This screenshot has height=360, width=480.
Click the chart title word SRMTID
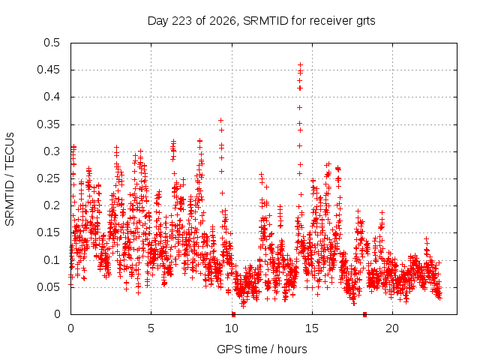[265, 21]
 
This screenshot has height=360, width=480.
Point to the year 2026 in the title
[223, 21]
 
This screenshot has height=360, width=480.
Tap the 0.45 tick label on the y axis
[48, 70]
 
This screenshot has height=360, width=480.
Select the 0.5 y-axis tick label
[52, 43]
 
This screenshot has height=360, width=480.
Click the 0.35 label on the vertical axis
[48, 124]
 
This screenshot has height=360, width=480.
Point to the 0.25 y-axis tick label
[48, 178]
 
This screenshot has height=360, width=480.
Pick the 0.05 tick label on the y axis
[48, 287]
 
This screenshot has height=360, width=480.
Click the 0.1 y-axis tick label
[52, 260]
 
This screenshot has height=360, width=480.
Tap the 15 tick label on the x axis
[312, 328]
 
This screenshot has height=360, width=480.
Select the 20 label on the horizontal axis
[392, 328]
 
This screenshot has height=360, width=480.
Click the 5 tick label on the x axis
[151, 328]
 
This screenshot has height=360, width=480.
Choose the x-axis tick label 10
[232, 328]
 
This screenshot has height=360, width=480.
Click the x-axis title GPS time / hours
[262, 349]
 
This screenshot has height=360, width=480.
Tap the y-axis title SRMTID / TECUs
[10, 179]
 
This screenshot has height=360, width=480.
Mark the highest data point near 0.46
[300, 65]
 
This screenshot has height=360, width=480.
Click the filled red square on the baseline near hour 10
[233, 314]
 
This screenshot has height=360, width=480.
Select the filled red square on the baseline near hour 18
[364, 314]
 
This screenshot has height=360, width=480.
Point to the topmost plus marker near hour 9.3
[220, 121]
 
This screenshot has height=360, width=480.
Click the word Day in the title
[157, 21]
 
